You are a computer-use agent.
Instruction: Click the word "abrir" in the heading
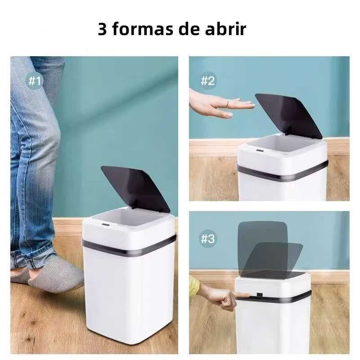tap(225, 29)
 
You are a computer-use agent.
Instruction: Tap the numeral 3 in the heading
tap(102, 29)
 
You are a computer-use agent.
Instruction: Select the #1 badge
tap(35, 81)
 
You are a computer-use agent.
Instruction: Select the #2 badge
tap(207, 81)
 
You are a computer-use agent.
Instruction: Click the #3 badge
tap(207, 239)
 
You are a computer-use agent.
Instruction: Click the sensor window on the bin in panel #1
tap(106, 224)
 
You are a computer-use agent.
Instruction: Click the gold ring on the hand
tap(228, 104)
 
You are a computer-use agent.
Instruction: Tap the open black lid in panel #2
tap(289, 116)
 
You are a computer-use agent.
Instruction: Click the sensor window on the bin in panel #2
tap(260, 151)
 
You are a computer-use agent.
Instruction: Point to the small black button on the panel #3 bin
tap(260, 295)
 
